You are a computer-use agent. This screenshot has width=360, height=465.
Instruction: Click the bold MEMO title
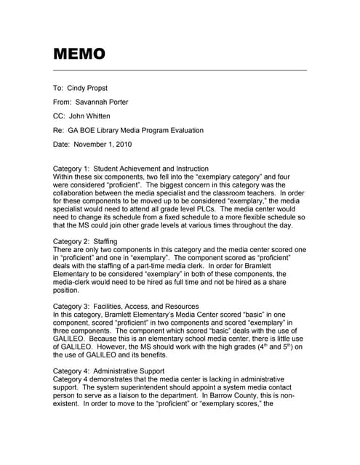[x=79, y=54]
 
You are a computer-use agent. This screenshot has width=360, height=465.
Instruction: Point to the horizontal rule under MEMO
[x=180, y=70]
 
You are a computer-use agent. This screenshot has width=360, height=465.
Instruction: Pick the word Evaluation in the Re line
[x=185, y=131]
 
